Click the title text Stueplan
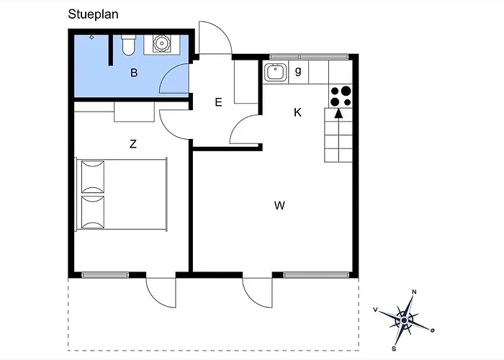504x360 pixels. pos(94,13)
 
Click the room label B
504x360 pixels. pos(133,73)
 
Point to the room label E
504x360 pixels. pos(218,102)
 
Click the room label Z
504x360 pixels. pos(132,144)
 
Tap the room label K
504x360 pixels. pos(297,112)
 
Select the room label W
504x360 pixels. pos(279,206)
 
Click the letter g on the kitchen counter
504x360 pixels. pos(297,71)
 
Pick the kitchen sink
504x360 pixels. pos(275,71)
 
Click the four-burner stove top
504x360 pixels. pos(341,96)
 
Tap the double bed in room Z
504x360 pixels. pos(122,194)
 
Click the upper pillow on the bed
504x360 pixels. pos(93,176)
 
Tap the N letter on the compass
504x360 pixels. pos(413,292)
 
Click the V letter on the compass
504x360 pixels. pos(376,310)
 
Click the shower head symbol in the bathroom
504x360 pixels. pos(91,37)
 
